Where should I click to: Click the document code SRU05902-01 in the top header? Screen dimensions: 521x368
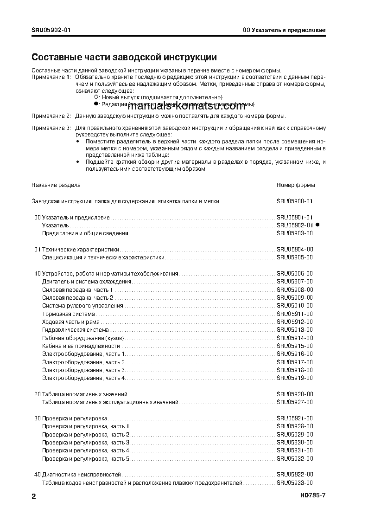click(x=51, y=30)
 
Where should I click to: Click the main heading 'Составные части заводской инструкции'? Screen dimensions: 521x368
click(x=124, y=58)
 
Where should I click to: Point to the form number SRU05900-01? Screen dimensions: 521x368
click(x=295, y=201)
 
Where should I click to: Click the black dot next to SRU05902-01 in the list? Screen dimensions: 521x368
click(x=318, y=225)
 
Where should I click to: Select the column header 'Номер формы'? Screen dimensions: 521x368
click(x=296, y=185)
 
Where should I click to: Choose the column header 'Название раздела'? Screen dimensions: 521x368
click(x=56, y=185)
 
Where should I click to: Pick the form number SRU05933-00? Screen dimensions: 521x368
click(x=295, y=482)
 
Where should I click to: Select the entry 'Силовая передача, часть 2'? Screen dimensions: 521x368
click(x=78, y=297)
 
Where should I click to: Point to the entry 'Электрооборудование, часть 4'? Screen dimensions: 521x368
click(x=83, y=378)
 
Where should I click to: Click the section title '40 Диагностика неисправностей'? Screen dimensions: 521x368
click(x=77, y=475)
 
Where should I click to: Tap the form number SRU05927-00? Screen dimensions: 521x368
click(x=295, y=402)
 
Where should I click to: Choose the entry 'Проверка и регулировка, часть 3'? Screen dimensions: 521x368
click(x=86, y=442)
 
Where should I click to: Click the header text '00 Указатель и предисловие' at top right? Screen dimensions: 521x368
click(x=284, y=30)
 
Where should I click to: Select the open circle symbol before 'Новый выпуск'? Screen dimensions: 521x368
click(x=96, y=97)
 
